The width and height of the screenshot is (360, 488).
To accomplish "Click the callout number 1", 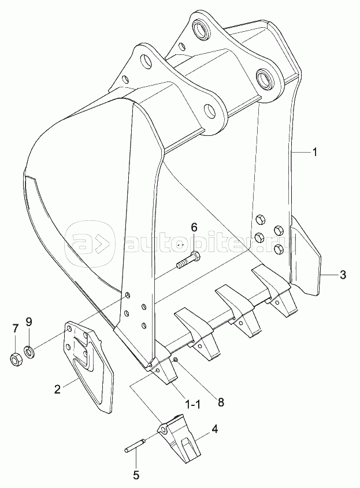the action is pyautogui.click(x=314, y=152).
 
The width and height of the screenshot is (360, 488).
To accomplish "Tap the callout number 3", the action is pyautogui.click(x=342, y=275).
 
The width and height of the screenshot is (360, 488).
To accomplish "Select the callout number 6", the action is pyautogui.click(x=194, y=227).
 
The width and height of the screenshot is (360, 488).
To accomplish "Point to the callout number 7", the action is pyautogui.click(x=16, y=328).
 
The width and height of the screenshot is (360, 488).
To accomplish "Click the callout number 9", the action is pyautogui.click(x=29, y=322).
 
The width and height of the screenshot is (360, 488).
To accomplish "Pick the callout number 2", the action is pyautogui.click(x=57, y=389).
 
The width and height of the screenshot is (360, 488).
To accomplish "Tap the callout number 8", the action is pyautogui.click(x=221, y=402).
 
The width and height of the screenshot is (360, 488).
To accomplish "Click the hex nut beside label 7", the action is pyautogui.click(x=16, y=360).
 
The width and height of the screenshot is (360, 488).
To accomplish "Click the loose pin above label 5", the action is pyautogui.click(x=136, y=443).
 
